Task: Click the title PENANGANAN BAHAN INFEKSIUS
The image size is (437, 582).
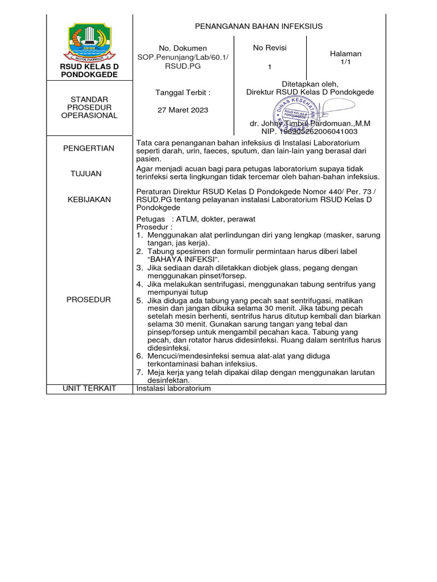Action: pos(259,26)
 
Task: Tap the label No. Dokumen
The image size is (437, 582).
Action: pos(183,48)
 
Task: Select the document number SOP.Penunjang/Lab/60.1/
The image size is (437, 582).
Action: pos(183,57)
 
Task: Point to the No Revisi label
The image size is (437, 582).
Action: pos(270,48)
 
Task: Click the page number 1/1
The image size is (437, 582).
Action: pos(346,61)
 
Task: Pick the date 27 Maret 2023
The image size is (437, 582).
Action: pos(183,110)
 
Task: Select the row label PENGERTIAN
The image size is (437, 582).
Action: pos(89,148)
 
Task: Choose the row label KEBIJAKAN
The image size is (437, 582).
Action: pos(89,199)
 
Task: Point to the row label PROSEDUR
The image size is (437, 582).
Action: pos(89,300)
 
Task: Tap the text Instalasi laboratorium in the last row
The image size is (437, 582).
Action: pos(174,388)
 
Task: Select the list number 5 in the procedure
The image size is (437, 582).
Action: pos(139,300)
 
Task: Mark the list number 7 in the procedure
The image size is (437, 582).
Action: pos(139,372)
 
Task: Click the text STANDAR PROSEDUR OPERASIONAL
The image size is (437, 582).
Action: pos(89,107)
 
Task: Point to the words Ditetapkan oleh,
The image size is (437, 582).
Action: pos(310,84)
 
